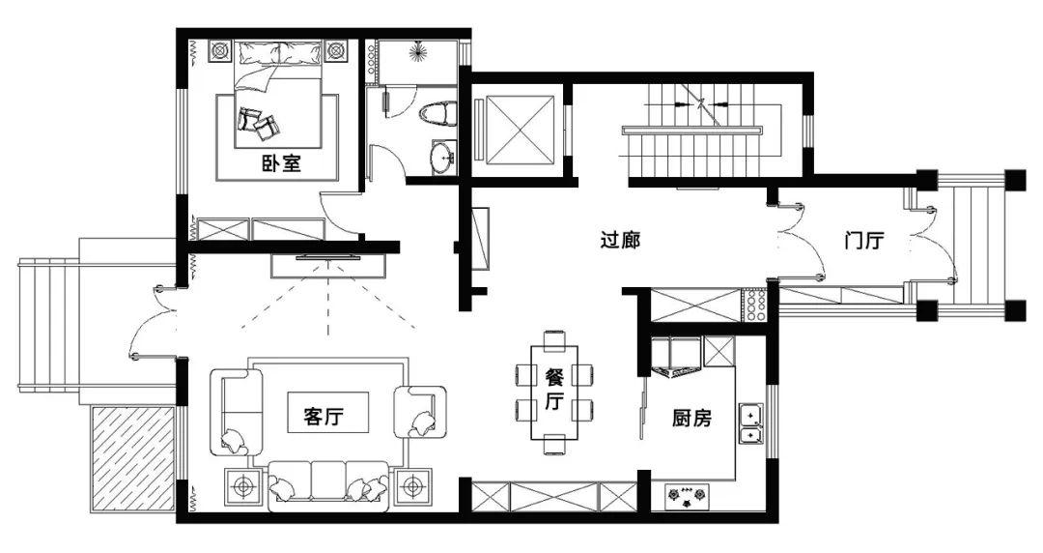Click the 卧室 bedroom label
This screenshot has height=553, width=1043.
tap(281, 162)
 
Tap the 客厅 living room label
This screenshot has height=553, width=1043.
tap(324, 417)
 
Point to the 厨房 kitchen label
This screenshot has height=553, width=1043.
tap(691, 419)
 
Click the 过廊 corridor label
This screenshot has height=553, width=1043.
tap(620, 239)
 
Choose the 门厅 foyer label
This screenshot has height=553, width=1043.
tap(864, 240)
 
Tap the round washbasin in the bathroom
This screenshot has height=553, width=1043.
tap(443, 158)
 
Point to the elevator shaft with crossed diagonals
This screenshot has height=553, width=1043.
tap(521, 130)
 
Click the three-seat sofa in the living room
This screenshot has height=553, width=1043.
tap(328, 485)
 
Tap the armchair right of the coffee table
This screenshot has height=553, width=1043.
tap(419, 413)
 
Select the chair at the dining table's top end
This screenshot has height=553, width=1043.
tap(554, 339)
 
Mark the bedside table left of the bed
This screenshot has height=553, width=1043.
tap(220, 50)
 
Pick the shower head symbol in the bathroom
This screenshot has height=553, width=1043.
tap(418, 50)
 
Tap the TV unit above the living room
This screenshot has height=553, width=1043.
tap(328, 265)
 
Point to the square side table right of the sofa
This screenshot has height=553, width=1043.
tap(413, 487)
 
